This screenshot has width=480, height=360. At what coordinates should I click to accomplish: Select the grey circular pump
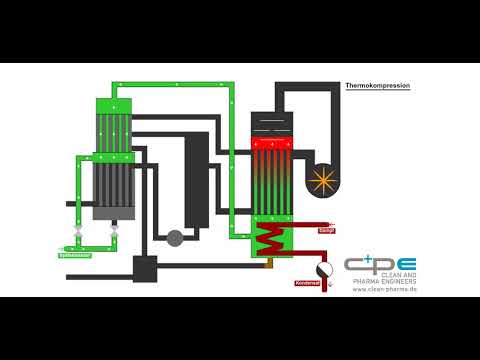[x=175, y=237]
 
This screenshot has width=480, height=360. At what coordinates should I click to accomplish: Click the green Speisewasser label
[x=75, y=256]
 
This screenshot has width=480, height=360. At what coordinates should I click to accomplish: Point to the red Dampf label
[x=326, y=230]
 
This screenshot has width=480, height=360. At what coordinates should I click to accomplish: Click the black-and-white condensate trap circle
[x=322, y=270]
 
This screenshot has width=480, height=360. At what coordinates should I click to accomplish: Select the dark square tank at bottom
[x=145, y=267]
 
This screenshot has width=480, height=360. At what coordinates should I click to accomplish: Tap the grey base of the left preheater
[x=112, y=211]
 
